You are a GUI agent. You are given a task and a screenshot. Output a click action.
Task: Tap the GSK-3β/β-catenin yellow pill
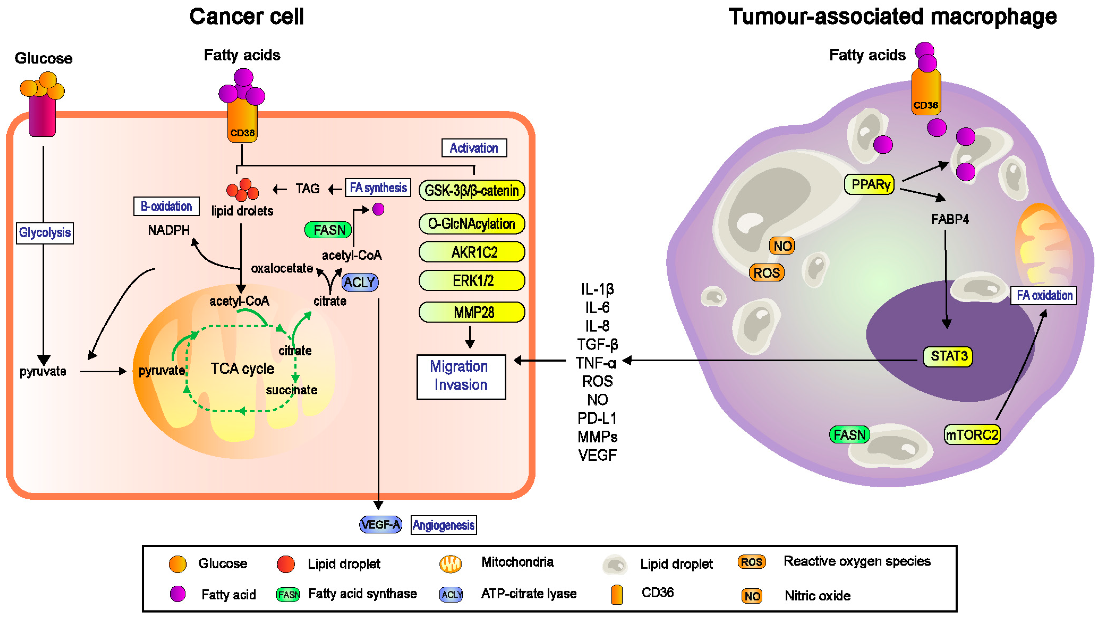click(x=472, y=190)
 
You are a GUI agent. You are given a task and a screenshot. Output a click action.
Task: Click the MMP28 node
click(x=472, y=312)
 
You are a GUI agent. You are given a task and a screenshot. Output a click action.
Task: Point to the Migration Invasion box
click(x=461, y=376)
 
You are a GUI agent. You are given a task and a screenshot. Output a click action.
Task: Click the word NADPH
click(x=169, y=231)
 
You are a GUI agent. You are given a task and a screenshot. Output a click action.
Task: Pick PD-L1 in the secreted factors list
click(x=597, y=418)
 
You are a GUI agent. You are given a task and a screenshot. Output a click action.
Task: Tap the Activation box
click(x=474, y=148)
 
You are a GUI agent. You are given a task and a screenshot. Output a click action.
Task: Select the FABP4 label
click(x=950, y=219)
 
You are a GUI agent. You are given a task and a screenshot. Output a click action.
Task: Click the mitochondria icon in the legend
click(x=450, y=563)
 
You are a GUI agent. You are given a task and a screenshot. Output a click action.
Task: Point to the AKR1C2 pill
click(x=472, y=252)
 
